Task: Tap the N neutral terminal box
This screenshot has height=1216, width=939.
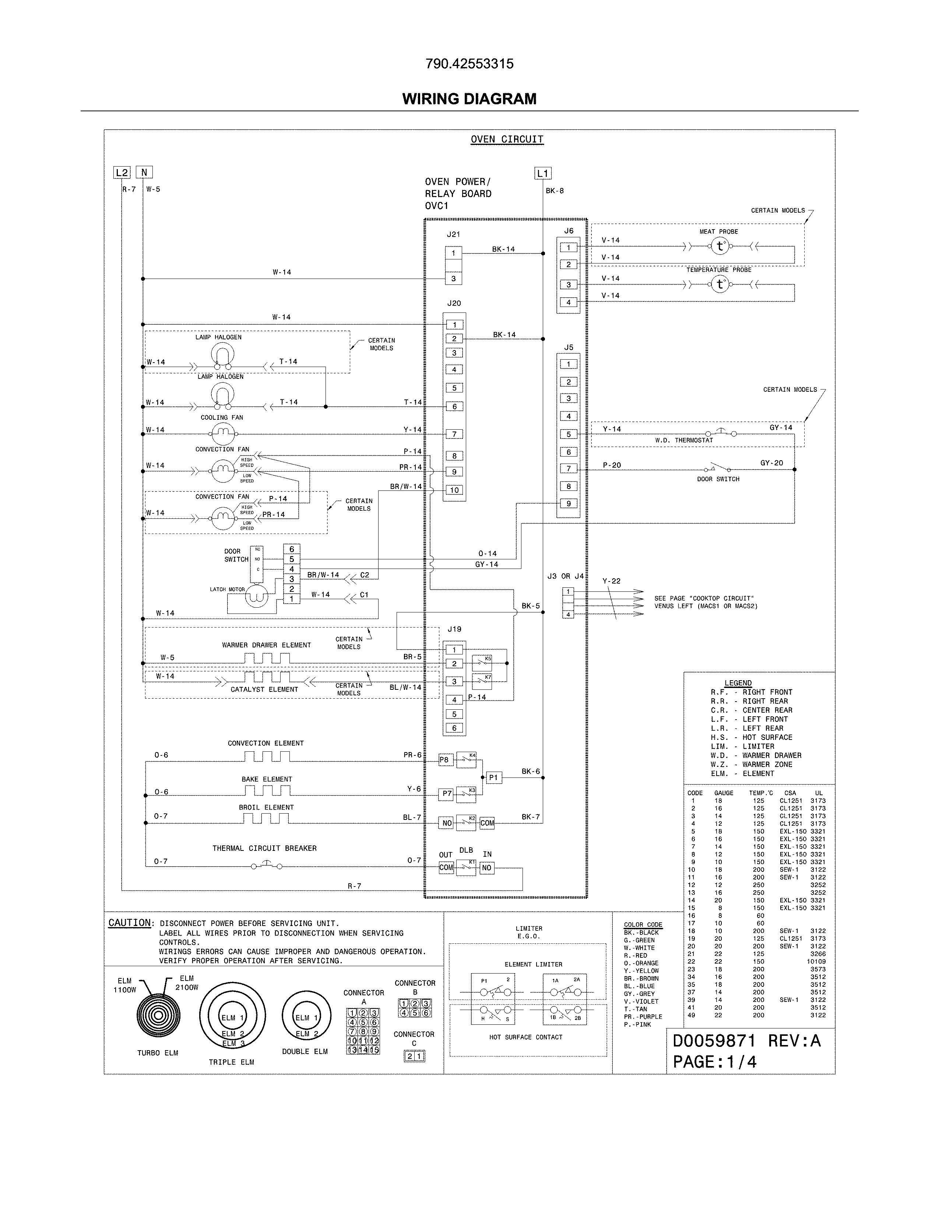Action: coord(144,172)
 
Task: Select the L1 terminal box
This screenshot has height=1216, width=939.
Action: coord(542,174)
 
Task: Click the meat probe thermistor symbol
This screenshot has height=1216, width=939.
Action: coord(720,246)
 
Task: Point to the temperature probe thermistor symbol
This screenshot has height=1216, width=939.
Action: coord(720,284)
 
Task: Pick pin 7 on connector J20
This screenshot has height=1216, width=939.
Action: coord(454,434)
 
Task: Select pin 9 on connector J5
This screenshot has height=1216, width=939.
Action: coord(569,504)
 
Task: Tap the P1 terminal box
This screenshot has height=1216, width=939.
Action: coord(493,778)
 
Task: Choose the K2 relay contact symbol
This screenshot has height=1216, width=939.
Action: coord(466,822)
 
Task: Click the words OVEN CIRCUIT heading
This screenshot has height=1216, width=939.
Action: coord(507,139)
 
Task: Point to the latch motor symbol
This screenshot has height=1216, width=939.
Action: coord(257,596)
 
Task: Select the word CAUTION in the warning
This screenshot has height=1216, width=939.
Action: coord(130,923)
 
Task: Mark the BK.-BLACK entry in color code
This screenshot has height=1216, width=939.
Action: coord(641,933)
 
